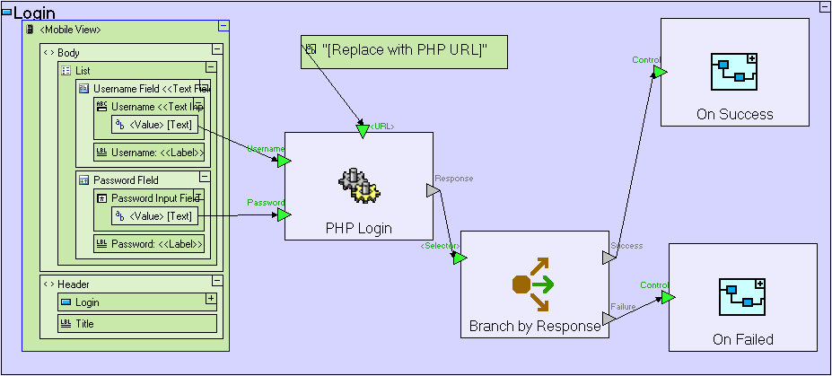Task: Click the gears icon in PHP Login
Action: coord(359,185)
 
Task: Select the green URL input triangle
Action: coord(363,131)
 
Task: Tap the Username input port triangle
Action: coord(284,161)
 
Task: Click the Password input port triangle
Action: coord(284,215)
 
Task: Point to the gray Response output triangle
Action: coord(433,191)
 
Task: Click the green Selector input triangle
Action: coord(460,258)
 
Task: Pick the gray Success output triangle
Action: coord(609,258)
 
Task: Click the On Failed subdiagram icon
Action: coord(742,297)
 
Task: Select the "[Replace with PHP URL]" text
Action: coord(405,51)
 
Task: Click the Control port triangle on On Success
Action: coord(660,72)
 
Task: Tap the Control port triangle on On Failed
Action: coord(668,297)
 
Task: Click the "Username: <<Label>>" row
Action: coord(149,153)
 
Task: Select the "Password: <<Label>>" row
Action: coord(149,243)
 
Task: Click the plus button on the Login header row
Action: coord(211,299)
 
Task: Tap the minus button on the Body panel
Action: coord(216,49)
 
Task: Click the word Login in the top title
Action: coord(35,13)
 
